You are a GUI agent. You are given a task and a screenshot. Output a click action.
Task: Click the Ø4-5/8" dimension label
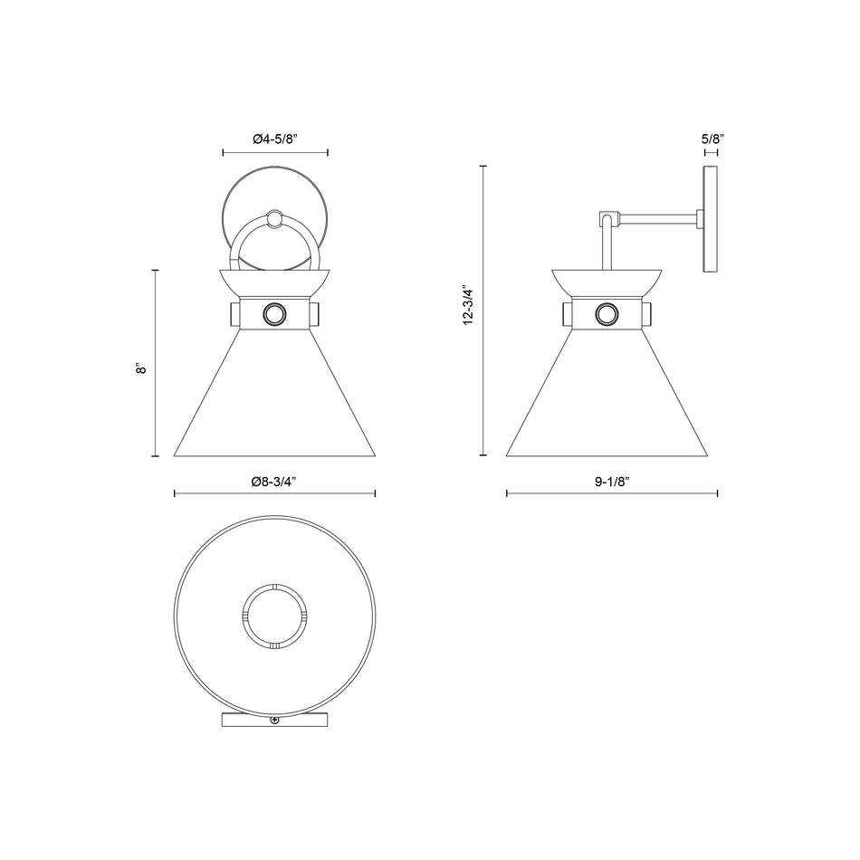click(275, 139)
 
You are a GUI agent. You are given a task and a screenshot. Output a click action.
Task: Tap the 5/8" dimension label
click(712, 139)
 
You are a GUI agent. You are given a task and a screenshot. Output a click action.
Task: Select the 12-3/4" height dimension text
click(467, 307)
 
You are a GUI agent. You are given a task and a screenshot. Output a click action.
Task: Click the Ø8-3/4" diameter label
click(274, 482)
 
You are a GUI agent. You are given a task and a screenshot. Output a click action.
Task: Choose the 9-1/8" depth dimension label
click(612, 482)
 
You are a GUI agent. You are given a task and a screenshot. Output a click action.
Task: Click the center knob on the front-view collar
click(274, 315)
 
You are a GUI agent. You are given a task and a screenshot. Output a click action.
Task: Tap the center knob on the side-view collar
click(606, 315)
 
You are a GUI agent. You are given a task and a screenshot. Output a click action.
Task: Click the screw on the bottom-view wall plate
click(274, 720)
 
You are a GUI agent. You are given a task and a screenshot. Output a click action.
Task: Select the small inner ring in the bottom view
click(274, 616)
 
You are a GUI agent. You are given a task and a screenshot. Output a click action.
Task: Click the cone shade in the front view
click(274, 398)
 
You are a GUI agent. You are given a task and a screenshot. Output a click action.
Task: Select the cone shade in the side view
click(606, 398)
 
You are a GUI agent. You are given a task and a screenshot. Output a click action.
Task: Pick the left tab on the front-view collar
click(234, 315)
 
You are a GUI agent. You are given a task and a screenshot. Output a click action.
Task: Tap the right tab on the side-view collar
click(647, 315)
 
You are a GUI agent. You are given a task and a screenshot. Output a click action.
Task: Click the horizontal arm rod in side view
click(658, 216)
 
